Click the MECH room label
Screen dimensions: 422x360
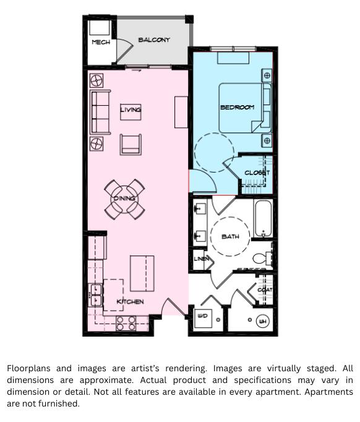tap(101, 42)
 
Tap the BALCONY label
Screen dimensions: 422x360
tap(154, 40)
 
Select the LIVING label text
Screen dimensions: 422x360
tap(131, 110)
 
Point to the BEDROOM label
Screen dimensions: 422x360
tap(237, 107)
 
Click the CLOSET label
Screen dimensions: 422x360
tap(257, 173)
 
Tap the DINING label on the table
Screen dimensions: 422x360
tap(124, 198)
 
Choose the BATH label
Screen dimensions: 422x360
tap(230, 236)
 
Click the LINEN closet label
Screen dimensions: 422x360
tap(202, 259)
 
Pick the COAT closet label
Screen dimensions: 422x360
tap(265, 290)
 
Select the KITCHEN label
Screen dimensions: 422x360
tap(130, 301)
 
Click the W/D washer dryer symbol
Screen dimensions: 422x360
tap(202, 316)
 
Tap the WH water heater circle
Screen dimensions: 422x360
tap(262, 321)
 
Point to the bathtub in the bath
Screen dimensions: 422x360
tap(263, 220)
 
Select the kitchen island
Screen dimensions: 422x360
tap(142, 273)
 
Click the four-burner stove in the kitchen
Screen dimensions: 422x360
tap(126, 323)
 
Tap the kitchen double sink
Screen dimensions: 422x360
tap(96, 295)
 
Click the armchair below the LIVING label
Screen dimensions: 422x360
tap(131, 144)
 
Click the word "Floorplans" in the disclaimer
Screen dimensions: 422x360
tap(30, 368)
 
